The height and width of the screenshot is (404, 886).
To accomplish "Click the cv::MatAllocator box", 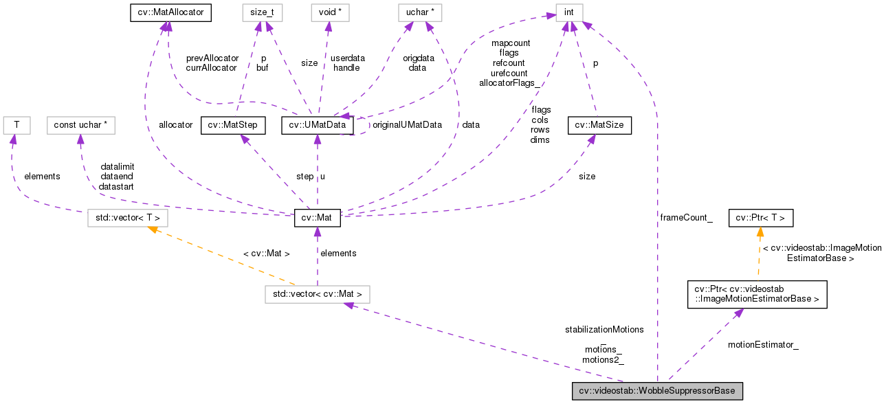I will (x=170, y=12).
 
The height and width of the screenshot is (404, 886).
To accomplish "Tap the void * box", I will (x=328, y=12).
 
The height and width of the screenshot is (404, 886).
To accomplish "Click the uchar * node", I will (x=419, y=12).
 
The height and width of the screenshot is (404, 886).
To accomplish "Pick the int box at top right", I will (x=568, y=12).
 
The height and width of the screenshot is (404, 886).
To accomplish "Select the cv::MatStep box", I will (x=233, y=125).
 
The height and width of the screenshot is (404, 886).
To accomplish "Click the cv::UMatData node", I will (x=318, y=125).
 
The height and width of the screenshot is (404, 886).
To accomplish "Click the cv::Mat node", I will (x=317, y=218).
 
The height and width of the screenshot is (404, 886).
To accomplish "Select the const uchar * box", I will (x=80, y=125).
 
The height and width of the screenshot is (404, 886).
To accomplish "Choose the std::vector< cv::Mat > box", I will (x=318, y=295).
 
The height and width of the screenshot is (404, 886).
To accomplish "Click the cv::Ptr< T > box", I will (x=761, y=218).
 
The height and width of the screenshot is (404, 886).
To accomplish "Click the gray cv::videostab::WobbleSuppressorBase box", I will (x=657, y=391).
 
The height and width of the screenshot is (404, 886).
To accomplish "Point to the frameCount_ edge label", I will (x=686, y=218).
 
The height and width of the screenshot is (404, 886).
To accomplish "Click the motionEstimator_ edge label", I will (x=763, y=344).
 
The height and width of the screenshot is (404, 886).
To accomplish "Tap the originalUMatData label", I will (x=406, y=125).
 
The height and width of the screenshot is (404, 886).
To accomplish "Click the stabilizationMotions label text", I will (x=604, y=329).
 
